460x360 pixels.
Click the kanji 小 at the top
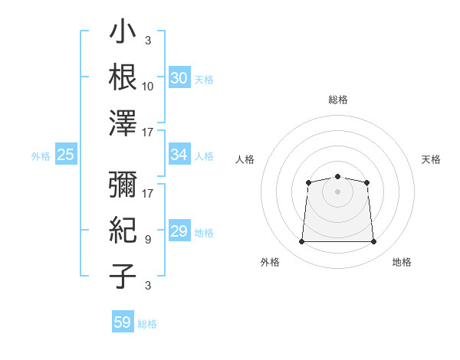click(123, 31)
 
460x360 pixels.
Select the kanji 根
click(123, 77)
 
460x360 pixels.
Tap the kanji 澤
click(123, 123)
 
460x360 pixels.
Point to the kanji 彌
click(123, 184)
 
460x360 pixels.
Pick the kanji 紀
click(123, 230)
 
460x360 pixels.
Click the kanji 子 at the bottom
click(123, 277)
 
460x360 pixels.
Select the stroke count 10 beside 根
click(147, 87)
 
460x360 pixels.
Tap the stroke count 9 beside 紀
click(148, 240)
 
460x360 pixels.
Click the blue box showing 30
click(179, 77)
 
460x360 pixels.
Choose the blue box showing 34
click(179, 154)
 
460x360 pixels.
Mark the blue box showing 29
click(179, 230)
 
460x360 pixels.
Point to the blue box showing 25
click(66, 154)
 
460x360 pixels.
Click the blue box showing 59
click(123, 321)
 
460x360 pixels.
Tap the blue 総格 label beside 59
click(147, 324)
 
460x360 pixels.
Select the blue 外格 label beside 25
click(41, 156)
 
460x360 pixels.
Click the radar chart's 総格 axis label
click(338, 100)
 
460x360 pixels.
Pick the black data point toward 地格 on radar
click(373, 241)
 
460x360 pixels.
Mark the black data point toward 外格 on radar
click(301, 241)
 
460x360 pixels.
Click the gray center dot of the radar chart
click(337, 191)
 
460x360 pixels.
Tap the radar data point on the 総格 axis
click(337, 176)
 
